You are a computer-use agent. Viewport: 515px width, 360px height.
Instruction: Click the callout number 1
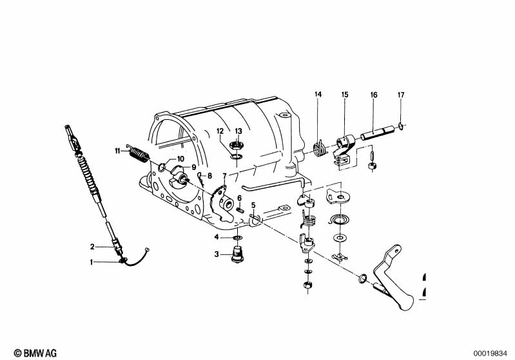[x=92, y=262]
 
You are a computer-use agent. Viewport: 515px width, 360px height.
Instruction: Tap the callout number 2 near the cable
[x=92, y=246]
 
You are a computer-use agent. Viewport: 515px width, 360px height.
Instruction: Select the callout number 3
[x=217, y=254]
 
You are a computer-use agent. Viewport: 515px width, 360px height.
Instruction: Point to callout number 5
[x=253, y=205]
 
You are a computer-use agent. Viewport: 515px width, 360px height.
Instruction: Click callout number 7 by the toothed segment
[x=224, y=176]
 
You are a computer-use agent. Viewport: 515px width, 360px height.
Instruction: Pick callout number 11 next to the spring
[x=118, y=151]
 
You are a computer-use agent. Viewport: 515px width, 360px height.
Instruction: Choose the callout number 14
[x=318, y=95]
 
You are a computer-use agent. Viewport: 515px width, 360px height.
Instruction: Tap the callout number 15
[x=345, y=95]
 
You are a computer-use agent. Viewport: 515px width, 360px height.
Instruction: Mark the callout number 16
[x=373, y=95]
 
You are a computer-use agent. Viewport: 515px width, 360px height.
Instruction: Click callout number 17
[x=400, y=95]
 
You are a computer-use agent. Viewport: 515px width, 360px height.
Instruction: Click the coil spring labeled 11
[x=137, y=155]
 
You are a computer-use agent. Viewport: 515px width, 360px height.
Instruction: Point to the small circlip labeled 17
[x=401, y=125]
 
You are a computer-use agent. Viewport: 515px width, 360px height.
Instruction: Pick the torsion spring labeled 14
[x=318, y=148]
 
